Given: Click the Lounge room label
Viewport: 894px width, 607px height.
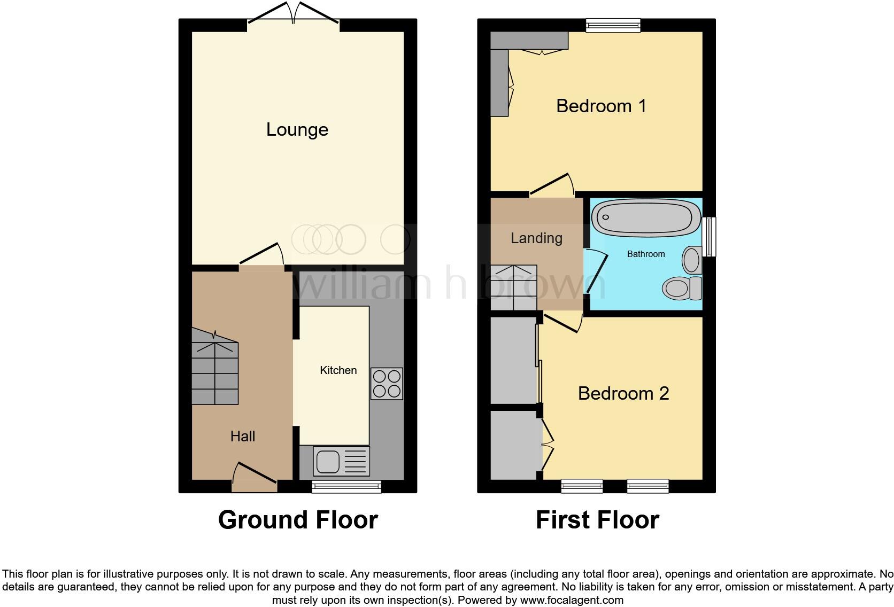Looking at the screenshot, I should tap(297, 130).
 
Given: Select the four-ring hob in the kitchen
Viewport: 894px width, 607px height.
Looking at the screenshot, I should tap(387, 384).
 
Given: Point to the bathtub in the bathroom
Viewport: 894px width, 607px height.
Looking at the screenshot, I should tap(645, 217).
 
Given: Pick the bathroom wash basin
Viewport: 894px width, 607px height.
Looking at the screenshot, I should tap(692, 260).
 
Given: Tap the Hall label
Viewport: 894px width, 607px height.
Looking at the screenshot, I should tap(242, 437).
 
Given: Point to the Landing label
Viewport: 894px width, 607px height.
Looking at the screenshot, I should tap(536, 238).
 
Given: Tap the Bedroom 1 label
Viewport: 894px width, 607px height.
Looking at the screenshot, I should tap(601, 106).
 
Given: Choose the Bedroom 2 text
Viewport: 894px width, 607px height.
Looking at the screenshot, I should tap(623, 394).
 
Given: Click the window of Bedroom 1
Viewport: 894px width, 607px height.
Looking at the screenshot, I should tap(613, 25).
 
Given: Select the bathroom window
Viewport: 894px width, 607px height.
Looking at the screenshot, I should tap(709, 236).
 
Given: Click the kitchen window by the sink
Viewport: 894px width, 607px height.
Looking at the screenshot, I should tap(346, 486).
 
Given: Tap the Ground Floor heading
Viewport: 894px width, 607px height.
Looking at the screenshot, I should tap(298, 520).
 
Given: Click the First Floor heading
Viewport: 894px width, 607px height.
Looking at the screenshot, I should tap(597, 520).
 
